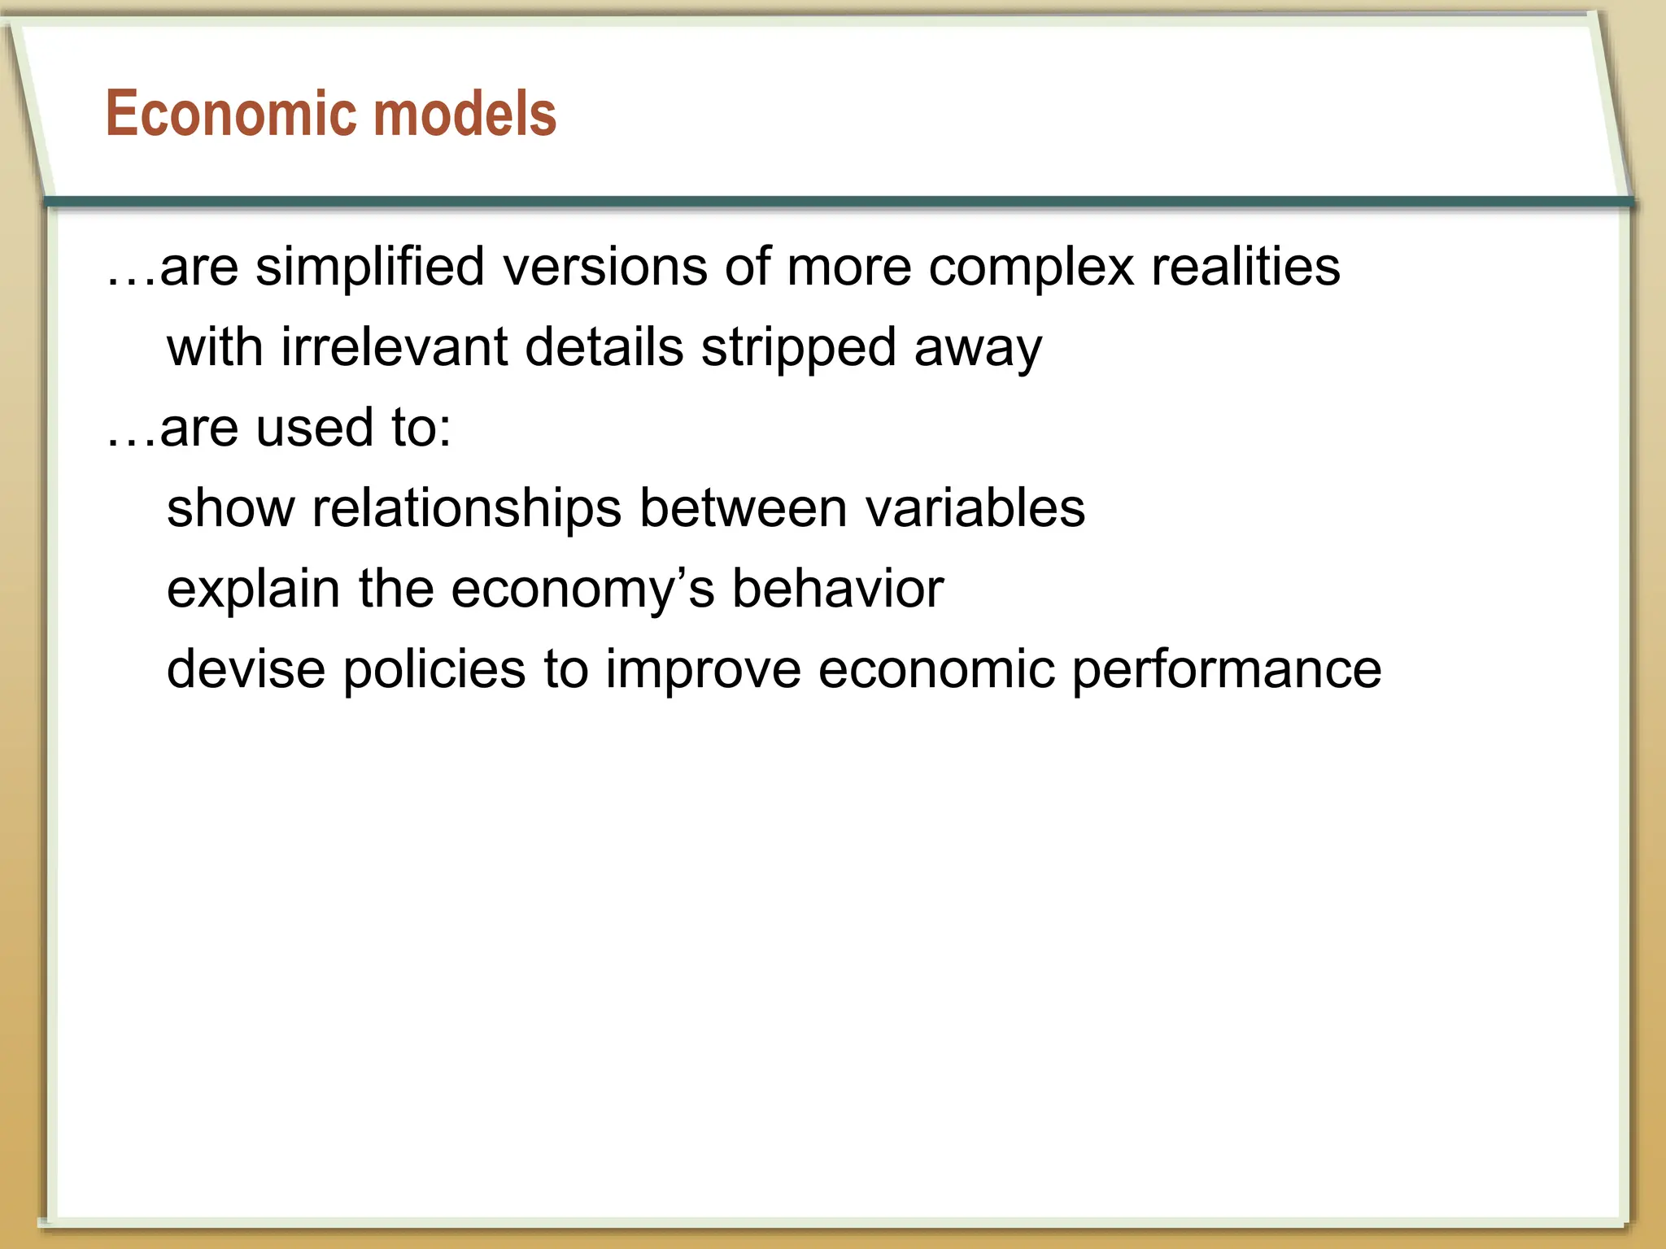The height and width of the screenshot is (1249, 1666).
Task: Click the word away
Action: click(x=977, y=347)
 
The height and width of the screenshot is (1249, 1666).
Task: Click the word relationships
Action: click(x=467, y=508)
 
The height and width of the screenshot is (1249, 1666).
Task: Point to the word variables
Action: click(x=975, y=508)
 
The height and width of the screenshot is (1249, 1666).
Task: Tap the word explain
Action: click(x=253, y=589)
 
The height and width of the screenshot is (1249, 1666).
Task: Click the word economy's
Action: click(x=582, y=589)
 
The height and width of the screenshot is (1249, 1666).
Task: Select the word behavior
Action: click(x=838, y=589)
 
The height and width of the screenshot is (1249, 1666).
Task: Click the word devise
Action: click(x=246, y=669)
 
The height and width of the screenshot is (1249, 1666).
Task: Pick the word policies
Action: click(x=434, y=669)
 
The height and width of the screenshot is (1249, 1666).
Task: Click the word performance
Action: click(x=1226, y=669)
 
